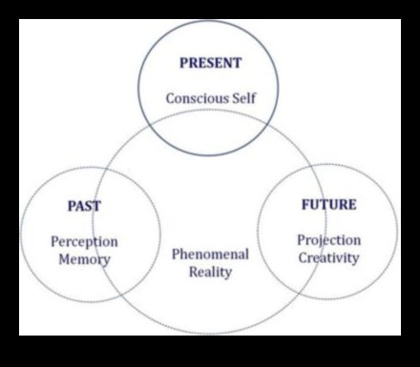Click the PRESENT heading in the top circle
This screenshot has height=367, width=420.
pos(211,64)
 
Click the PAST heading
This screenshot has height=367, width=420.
pos(84,205)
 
